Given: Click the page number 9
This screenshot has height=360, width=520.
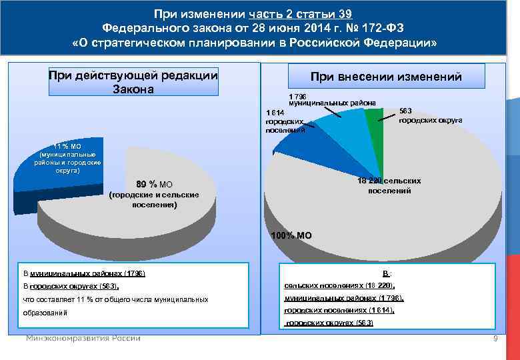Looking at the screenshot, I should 495,339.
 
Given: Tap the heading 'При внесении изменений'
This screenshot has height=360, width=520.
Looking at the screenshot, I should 386,77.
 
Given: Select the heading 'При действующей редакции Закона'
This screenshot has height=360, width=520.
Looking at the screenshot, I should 133,82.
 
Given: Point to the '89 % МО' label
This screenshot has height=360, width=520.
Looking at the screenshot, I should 154,184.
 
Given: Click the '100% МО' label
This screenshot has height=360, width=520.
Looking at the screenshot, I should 291,235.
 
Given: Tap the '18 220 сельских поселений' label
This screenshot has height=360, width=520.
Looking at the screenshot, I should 389,186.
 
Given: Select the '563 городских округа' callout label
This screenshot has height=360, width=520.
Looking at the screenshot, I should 431,116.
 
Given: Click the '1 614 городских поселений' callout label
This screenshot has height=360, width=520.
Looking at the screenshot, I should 284,122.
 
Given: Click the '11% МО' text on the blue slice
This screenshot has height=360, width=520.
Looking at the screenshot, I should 68,158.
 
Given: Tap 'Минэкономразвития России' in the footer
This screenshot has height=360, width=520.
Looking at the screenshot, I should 83,338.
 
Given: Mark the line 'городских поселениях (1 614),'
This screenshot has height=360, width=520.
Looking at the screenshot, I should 339,310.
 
